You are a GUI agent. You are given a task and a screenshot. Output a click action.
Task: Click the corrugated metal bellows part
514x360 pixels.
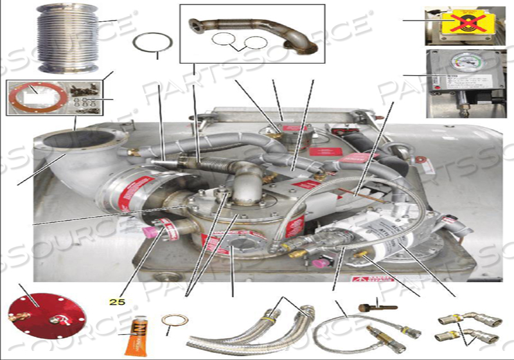coord(67,39)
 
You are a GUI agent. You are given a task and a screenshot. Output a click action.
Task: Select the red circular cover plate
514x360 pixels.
coord(36,316)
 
